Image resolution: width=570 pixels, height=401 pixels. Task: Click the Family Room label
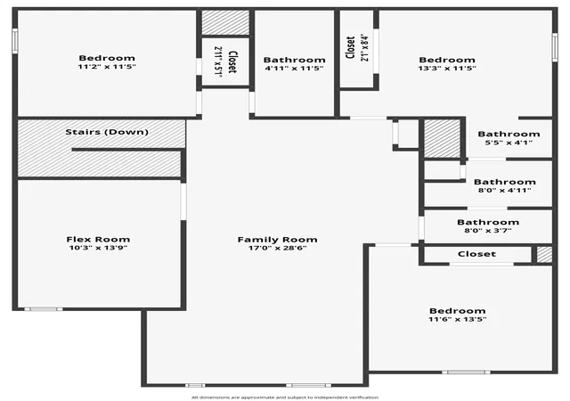point(277,240)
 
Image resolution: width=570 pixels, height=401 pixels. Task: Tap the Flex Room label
point(98,240)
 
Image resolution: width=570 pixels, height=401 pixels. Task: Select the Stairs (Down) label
point(107,132)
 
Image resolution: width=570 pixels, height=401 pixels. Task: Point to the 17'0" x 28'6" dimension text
point(277,248)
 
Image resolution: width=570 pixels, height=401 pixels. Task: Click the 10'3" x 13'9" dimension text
point(98,248)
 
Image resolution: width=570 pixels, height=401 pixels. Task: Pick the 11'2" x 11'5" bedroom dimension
point(107,67)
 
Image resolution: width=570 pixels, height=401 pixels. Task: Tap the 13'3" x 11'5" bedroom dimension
point(447,68)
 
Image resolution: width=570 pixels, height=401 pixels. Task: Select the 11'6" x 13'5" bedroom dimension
point(457,319)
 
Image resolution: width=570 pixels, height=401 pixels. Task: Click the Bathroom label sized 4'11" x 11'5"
point(295,60)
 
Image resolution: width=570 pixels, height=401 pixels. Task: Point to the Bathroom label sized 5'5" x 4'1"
point(509,134)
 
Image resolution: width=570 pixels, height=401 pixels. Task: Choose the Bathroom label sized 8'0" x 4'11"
point(505,182)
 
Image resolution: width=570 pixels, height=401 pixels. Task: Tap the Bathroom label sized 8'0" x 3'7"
point(488,222)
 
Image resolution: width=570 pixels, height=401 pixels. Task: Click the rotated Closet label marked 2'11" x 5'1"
point(232,61)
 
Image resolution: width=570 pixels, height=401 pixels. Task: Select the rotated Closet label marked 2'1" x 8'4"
point(350,47)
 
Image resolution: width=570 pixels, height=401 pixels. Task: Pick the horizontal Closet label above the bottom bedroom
point(477,254)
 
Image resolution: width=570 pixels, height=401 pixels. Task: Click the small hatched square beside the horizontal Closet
point(544,254)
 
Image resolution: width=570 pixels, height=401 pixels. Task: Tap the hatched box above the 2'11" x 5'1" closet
point(225,22)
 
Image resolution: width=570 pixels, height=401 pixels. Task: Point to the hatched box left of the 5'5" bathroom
point(443,138)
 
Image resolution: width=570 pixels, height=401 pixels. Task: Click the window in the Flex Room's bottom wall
point(44,309)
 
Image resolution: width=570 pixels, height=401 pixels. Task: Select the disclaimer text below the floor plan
point(285,397)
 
